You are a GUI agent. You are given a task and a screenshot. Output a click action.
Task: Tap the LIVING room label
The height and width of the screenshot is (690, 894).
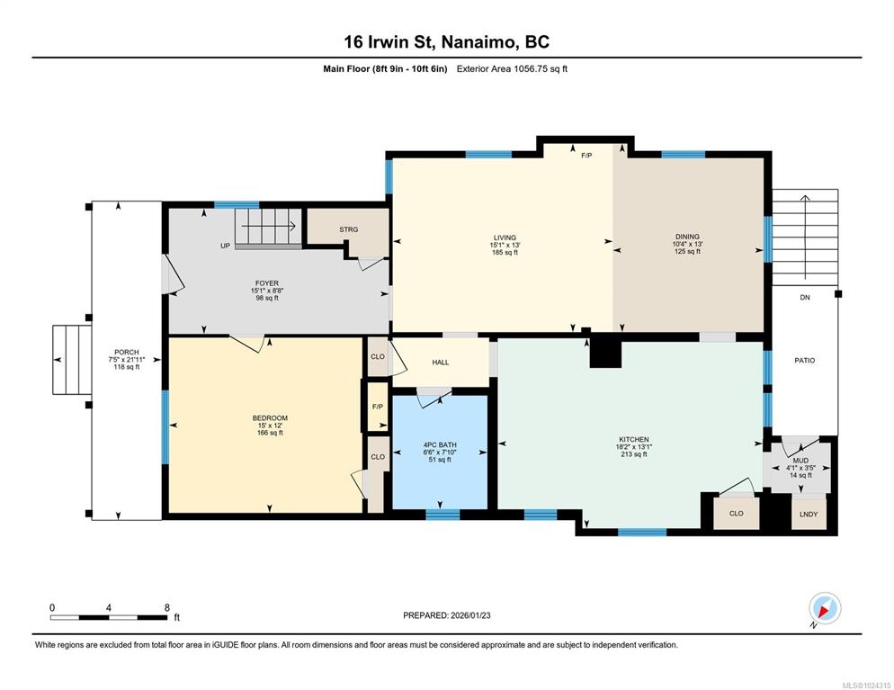point(505,237)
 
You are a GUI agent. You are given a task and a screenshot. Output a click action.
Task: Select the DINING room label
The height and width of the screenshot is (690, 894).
point(687,237)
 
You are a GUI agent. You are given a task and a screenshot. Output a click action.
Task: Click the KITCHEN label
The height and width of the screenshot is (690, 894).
point(634,440)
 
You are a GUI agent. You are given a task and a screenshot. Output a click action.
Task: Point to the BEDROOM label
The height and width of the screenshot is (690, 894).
point(270,418)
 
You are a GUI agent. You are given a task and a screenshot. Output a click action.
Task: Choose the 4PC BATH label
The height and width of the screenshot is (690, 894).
point(440,444)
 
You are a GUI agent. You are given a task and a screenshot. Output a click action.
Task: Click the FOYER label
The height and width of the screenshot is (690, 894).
point(267,283)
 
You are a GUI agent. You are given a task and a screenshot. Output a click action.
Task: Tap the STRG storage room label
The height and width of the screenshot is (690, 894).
point(348,229)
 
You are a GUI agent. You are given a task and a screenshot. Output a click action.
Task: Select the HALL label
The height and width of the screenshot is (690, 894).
point(440,363)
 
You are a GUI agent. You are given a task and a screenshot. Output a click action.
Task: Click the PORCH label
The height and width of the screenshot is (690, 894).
point(127,353)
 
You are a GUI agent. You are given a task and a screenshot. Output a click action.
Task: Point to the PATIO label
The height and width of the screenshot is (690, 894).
point(804,361)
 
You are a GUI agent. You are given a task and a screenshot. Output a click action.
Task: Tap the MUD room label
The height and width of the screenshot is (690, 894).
point(800,461)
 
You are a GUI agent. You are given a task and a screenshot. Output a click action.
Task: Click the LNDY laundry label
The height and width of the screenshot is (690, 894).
point(809,515)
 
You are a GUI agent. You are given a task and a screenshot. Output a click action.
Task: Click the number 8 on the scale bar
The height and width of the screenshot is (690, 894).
point(167,608)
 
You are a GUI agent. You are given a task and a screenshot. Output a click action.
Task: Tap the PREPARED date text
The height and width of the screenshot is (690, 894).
point(446,615)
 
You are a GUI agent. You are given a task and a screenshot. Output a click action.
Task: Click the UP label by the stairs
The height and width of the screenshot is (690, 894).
point(225,246)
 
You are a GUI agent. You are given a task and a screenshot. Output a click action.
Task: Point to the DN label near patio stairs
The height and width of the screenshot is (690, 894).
point(804,298)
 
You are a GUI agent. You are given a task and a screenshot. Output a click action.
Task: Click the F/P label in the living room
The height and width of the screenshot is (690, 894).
point(586,155)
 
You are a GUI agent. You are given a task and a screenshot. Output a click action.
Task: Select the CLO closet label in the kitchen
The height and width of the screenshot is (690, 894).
point(736,513)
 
